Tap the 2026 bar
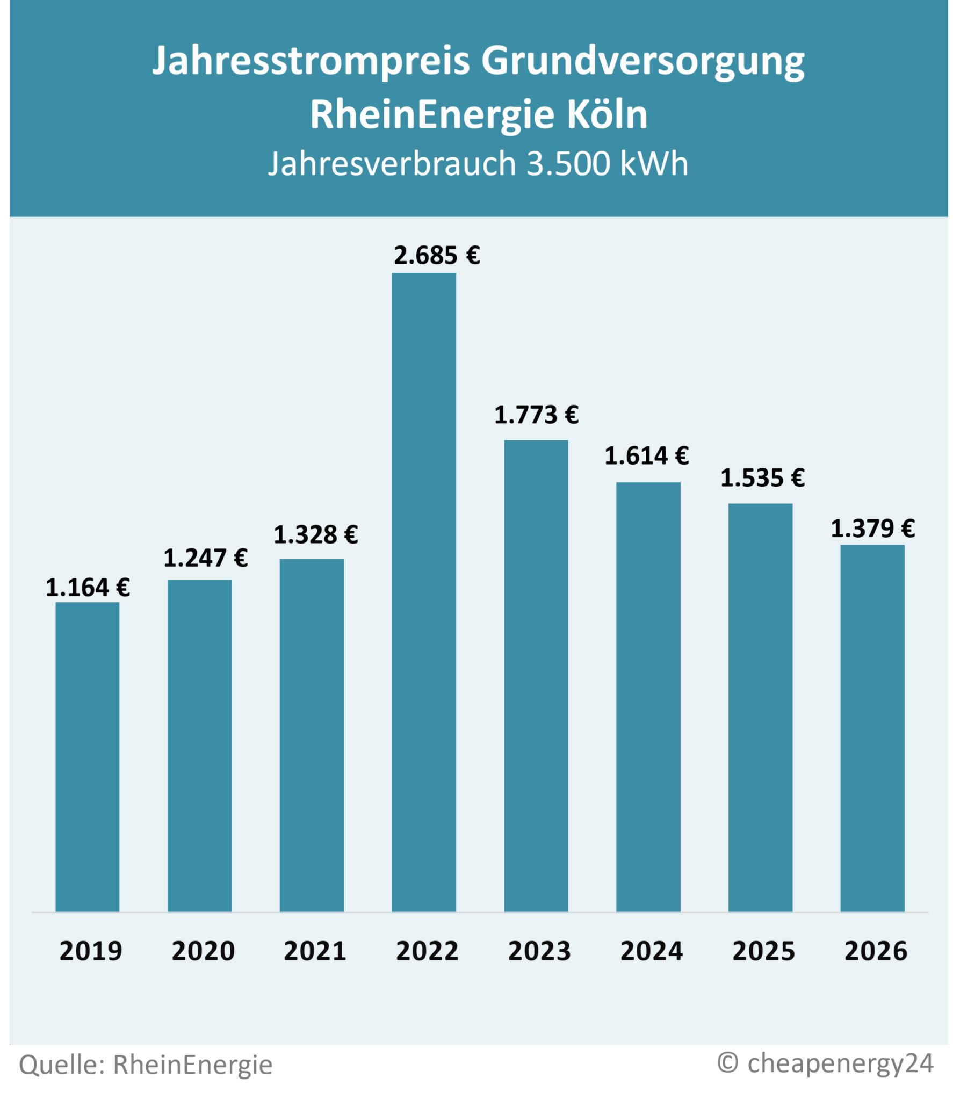[x=872, y=728]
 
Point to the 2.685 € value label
[x=436, y=256]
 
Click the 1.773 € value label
[x=536, y=415]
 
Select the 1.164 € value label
[x=88, y=588]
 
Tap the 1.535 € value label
[x=762, y=478]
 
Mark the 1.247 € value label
[x=205, y=559]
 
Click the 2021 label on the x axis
[x=315, y=951]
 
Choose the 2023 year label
[x=539, y=951]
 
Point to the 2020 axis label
[x=203, y=951]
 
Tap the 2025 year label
[x=763, y=951]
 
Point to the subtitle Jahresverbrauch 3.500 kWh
[x=478, y=163]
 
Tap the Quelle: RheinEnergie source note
[x=146, y=1064]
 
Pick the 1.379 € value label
[x=872, y=529]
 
